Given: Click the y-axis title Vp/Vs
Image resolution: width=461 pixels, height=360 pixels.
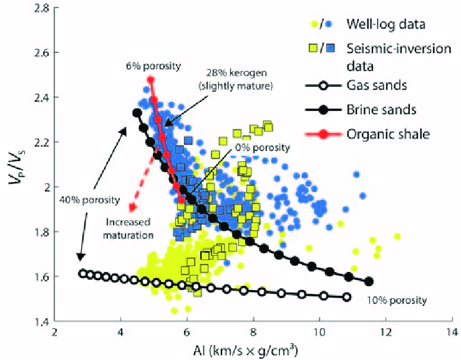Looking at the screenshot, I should pos(13,165).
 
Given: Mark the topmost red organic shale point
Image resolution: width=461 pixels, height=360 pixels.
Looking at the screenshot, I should pos(150,80).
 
